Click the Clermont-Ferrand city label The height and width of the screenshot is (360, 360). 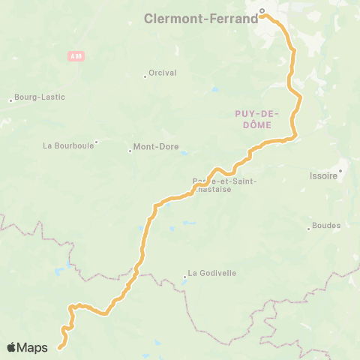tap(201, 19)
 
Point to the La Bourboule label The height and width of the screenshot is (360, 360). tap(68, 145)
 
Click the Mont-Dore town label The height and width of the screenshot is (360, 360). tap(156, 147)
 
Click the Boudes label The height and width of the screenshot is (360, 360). tap(325, 225)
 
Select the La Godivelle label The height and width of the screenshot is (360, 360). tap(211, 273)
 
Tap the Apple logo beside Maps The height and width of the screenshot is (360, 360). tap(11, 347)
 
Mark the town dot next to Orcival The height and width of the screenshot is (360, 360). tap(145, 75)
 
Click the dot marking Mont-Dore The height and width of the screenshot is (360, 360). tap(130, 151)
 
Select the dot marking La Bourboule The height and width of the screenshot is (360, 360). tap(96, 141)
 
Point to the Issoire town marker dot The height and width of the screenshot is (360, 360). tap(340, 170)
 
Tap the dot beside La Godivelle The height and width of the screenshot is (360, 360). tap(184, 277)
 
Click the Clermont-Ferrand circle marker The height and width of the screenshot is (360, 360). tap(262, 10)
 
